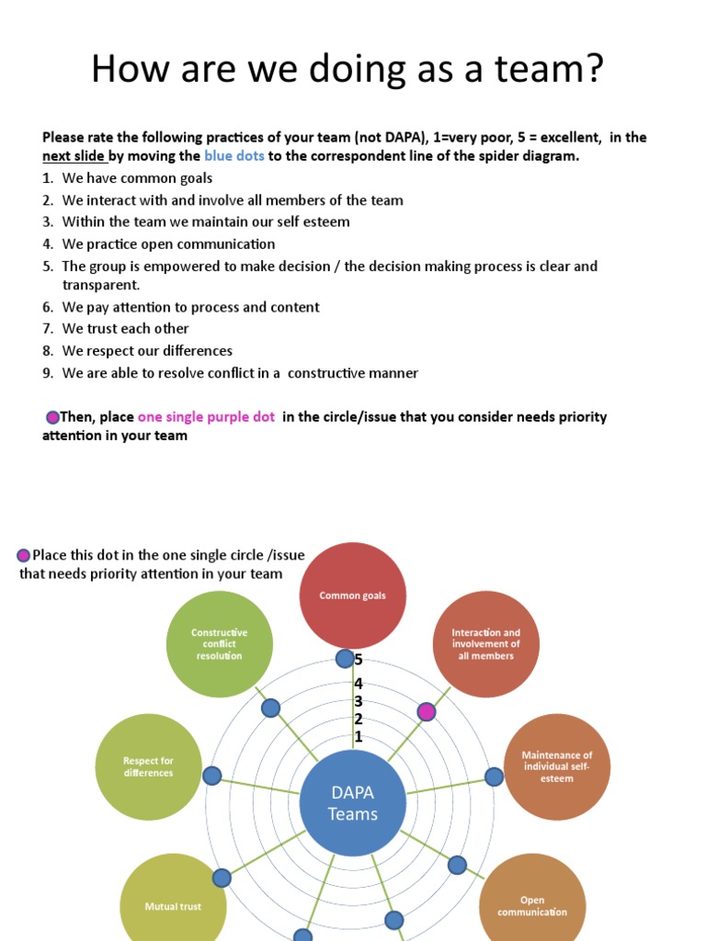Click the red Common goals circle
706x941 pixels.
click(x=353, y=595)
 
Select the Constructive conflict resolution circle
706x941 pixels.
click(x=219, y=643)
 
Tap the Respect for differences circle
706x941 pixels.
click(x=148, y=766)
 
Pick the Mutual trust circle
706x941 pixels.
click(x=173, y=904)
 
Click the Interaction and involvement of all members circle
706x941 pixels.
click(x=485, y=643)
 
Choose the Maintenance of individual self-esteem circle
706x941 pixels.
click(x=557, y=766)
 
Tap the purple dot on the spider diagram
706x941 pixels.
click(x=427, y=710)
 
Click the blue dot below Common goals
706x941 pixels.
click(x=344, y=659)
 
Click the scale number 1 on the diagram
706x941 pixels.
click(x=359, y=737)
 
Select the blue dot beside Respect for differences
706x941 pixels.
click(x=212, y=776)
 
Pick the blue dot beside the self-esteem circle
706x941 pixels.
click(x=494, y=777)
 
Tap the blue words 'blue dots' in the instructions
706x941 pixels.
click(x=233, y=156)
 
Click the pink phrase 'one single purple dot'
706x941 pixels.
click(x=206, y=417)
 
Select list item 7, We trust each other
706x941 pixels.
click(x=125, y=329)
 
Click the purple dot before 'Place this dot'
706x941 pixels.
click(x=24, y=555)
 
